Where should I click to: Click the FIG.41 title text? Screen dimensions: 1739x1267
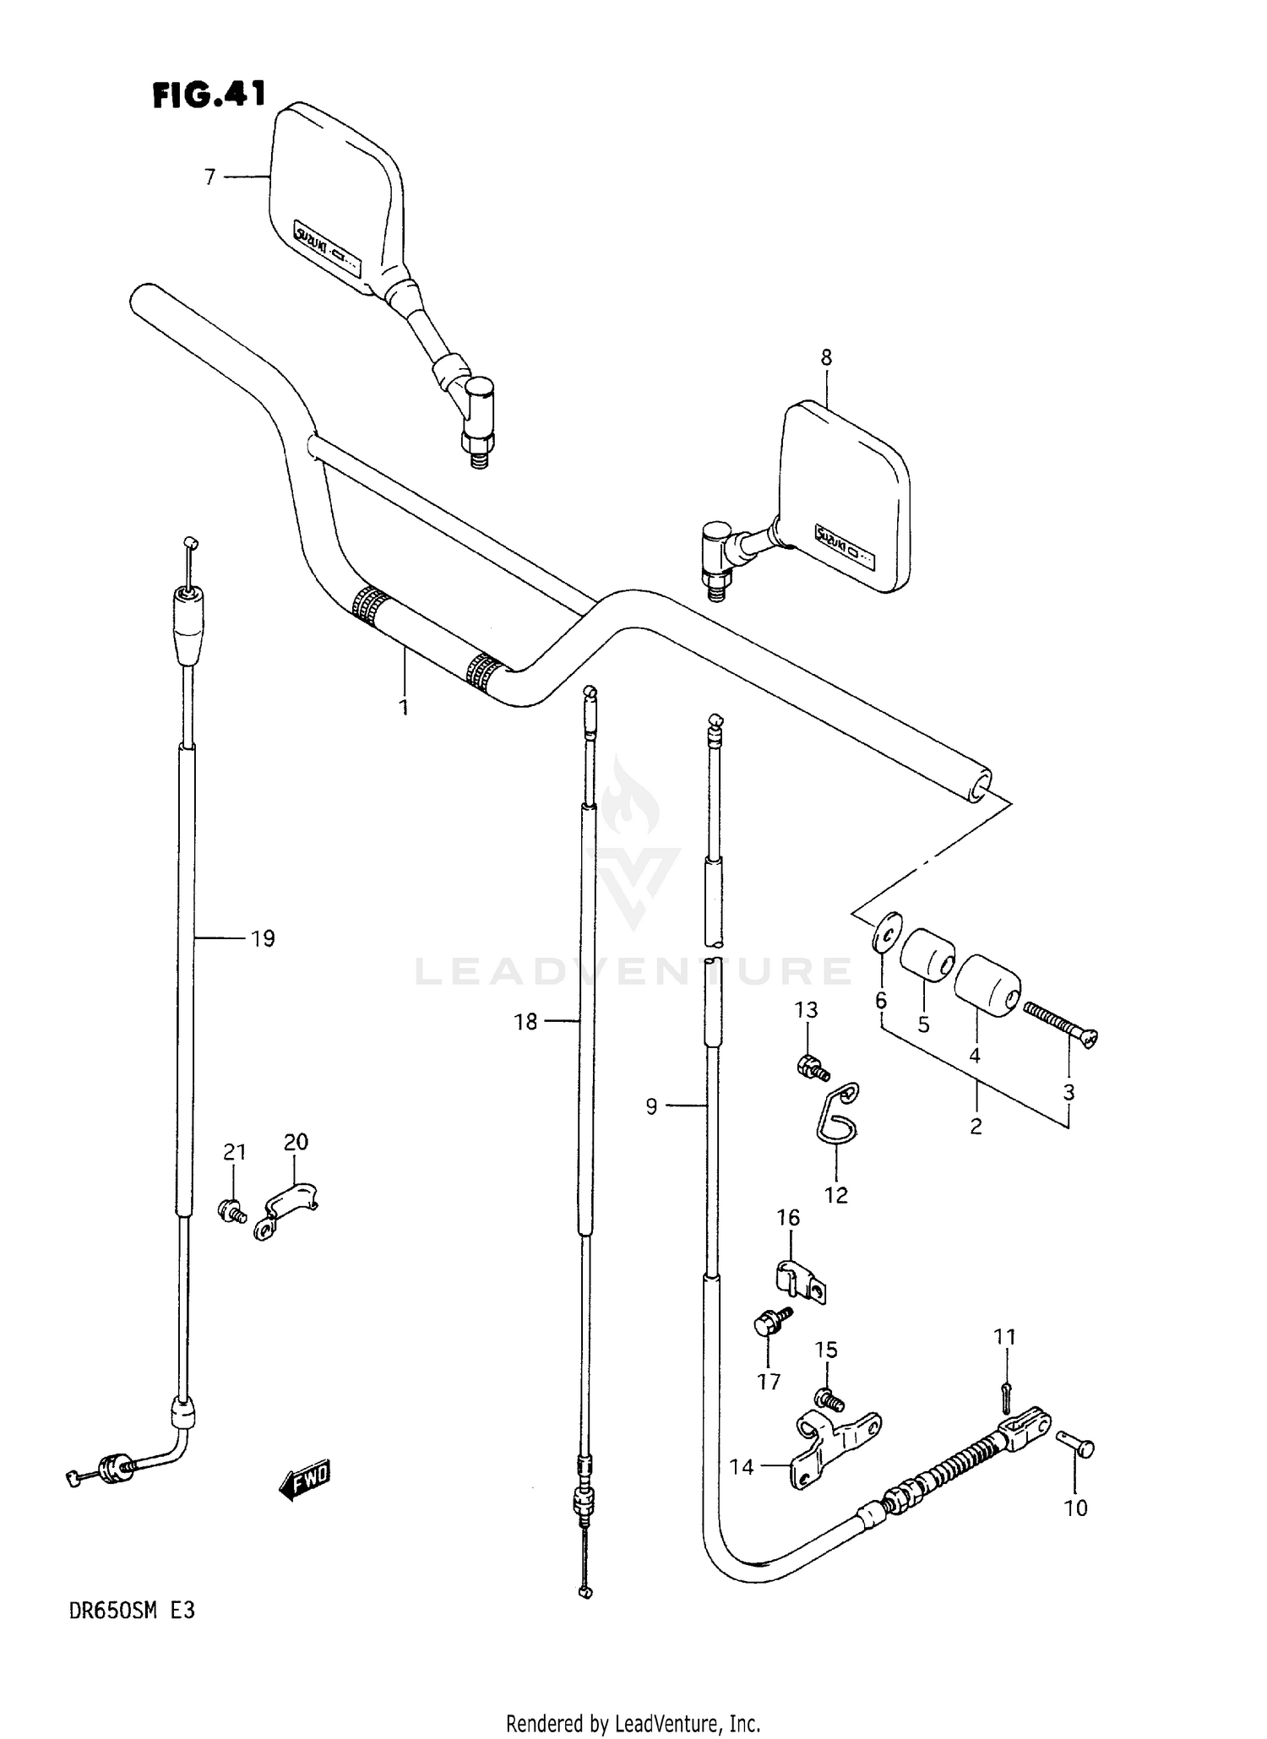pyautogui.click(x=209, y=95)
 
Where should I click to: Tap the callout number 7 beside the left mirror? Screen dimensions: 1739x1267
pyautogui.click(x=210, y=177)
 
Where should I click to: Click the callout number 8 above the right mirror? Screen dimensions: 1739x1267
pyautogui.click(x=826, y=357)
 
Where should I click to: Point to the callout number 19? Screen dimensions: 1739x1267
pyautogui.click(x=263, y=938)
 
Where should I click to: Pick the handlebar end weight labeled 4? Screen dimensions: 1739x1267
pyautogui.click(x=987, y=985)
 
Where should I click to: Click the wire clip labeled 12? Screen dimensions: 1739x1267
pyautogui.click(x=839, y=1114)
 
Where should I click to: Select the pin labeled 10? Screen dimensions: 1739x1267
pyautogui.click(x=1075, y=1448)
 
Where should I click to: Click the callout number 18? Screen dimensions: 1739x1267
pyautogui.click(x=525, y=1022)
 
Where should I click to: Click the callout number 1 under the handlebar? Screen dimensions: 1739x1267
pyautogui.click(x=404, y=706)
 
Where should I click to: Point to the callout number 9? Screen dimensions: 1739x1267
pyautogui.click(x=651, y=1106)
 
